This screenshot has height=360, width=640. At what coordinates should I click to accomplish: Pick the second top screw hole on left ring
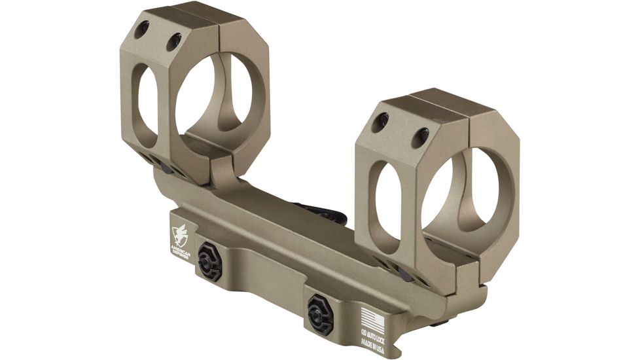click(173, 42)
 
